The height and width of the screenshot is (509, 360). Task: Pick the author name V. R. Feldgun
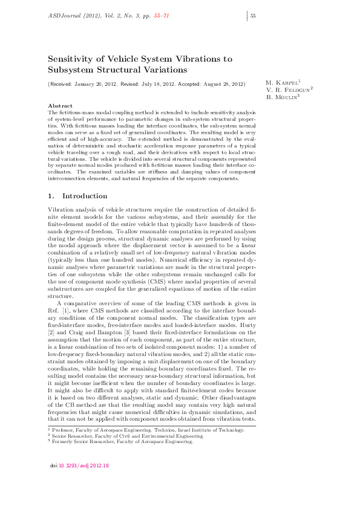pyautogui.click(x=288, y=89)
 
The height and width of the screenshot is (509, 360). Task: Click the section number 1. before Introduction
pyautogui.click(x=51, y=196)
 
